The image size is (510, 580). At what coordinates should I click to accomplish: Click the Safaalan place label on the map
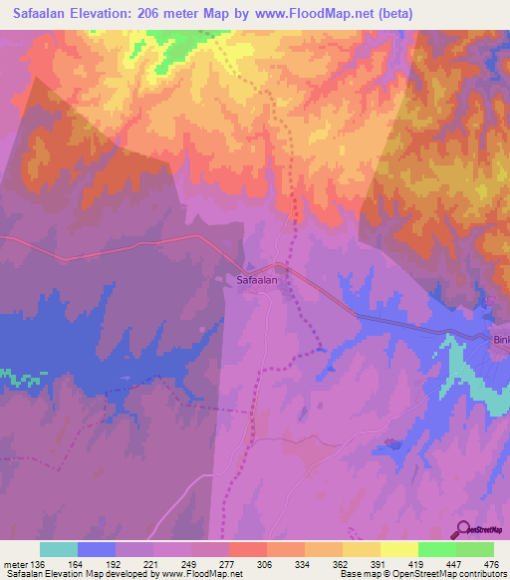coord(257,281)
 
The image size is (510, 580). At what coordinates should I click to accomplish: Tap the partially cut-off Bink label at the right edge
coord(501,340)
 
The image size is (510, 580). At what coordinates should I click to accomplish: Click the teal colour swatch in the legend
coord(59,549)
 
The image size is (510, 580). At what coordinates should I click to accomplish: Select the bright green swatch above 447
coord(436,549)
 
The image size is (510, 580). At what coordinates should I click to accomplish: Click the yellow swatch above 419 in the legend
coord(398,549)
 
